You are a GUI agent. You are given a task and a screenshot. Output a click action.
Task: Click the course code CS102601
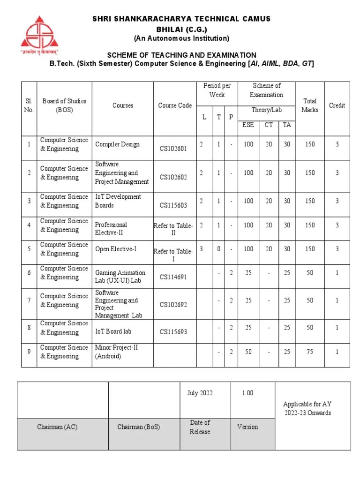pyautogui.click(x=173, y=149)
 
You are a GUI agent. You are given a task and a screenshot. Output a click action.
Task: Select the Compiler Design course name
pyautogui.click(x=117, y=144)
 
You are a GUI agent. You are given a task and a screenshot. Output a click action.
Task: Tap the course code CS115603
pyautogui.click(x=173, y=205)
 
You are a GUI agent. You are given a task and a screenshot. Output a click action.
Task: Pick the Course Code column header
pyautogui.click(x=175, y=105)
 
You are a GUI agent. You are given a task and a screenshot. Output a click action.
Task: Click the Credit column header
pyautogui.click(x=337, y=105)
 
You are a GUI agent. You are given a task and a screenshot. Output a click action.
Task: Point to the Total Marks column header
pyautogui.click(x=310, y=105)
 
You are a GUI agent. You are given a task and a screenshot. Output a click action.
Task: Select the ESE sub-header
pyautogui.click(x=247, y=125)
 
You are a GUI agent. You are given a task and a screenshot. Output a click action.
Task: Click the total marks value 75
pyautogui.click(x=310, y=352)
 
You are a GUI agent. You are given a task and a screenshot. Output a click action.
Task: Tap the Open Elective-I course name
pyautogui.click(x=116, y=249)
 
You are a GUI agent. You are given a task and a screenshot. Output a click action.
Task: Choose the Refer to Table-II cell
pyautogui.click(x=173, y=229)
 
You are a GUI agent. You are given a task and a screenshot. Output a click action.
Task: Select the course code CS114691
pyautogui.click(x=173, y=277)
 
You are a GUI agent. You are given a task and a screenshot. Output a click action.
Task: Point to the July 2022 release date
pyautogui.click(x=199, y=393)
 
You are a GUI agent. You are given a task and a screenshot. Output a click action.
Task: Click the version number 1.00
pyautogui.click(x=247, y=393)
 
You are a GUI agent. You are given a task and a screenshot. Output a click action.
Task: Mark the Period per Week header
pyautogui.click(x=217, y=90)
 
